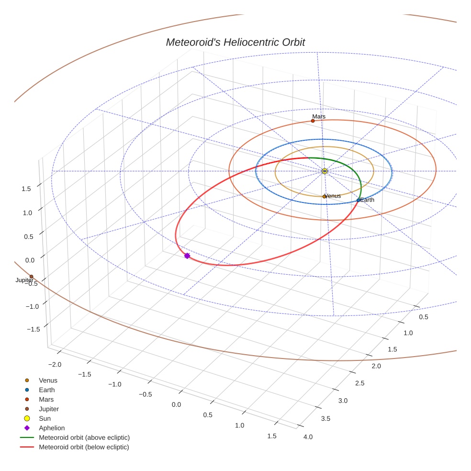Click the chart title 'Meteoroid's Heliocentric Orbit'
click(235, 42)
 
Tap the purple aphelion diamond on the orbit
click(187, 256)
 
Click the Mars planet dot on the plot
click(313, 121)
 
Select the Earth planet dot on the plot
click(359, 200)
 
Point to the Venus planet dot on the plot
click(324, 196)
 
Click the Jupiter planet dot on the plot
click(31, 276)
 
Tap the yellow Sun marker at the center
click(325, 171)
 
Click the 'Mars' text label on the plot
click(319, 116)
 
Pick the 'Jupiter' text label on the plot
click(24, 280)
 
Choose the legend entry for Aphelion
click(52, 428)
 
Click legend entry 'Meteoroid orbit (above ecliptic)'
click(84, 437)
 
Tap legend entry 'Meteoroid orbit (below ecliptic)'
click(84, 447)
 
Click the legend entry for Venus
click(48, 381)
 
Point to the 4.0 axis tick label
click(308, 437)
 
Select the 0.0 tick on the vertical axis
click(30, 260)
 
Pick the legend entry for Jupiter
click(49, 409)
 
